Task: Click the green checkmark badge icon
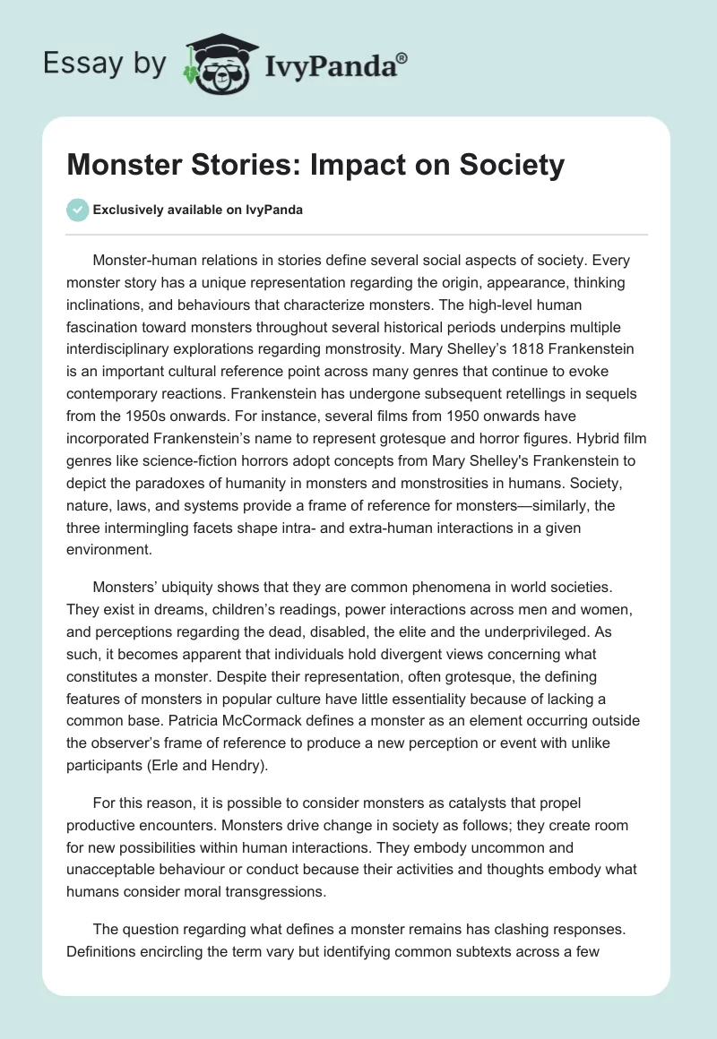tap(77, 210)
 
